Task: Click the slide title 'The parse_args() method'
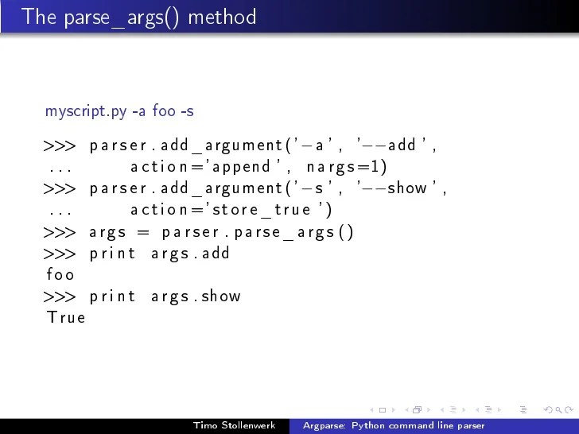[x=139, y=16]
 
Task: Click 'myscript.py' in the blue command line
[x=86, y=111]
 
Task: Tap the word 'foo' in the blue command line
[x=164, y=111]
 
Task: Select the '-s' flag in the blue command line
[x=187, y=111]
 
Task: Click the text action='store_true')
[x=231, y=210]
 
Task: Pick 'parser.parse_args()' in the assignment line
[x=258, y=232]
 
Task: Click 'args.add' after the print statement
[x=190, y=254]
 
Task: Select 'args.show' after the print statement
[x=196, y=296]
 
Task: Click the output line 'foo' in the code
[x=60, y=275]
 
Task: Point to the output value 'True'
[x=66, y=318]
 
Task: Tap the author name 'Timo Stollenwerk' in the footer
[x=235, y=426]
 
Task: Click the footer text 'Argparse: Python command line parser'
[x=393, y=426]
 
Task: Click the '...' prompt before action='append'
[x=60, y=169]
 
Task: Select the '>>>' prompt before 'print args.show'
[x=60, y=296]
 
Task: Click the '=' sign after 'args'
[x=143, y=232]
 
